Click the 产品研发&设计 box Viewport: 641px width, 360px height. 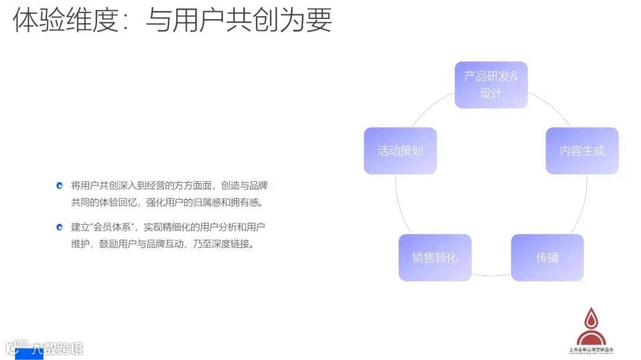[491, 85]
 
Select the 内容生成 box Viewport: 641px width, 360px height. [582, 151]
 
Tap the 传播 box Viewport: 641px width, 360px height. [547, 257]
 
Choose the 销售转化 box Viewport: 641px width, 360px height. [434, 257]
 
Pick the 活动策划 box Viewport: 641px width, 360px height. [400, 151]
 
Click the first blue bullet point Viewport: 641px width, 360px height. [59, 186]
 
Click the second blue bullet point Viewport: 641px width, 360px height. [59, 227]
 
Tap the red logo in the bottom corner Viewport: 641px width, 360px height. [587, 326]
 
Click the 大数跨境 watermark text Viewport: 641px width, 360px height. [57, 348]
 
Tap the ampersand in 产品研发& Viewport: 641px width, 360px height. [513, 77]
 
